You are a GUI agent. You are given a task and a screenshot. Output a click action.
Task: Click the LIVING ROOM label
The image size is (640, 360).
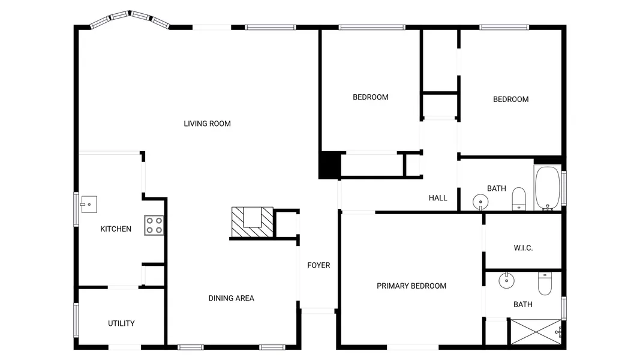point(207,124)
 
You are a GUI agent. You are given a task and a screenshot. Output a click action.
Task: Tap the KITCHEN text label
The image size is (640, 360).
point(116,229)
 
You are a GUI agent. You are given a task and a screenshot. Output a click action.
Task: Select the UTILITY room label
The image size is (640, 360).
point(121,323)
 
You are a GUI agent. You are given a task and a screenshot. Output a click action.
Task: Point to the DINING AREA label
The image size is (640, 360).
point(232,298)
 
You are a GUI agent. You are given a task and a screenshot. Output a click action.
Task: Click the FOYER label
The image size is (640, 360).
point(319,265)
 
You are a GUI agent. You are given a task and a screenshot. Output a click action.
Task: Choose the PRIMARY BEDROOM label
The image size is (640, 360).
point(411,286)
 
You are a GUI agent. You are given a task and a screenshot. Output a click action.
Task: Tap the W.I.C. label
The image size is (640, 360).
point(523,248)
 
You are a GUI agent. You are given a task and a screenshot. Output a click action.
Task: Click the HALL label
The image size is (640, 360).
point(438,198)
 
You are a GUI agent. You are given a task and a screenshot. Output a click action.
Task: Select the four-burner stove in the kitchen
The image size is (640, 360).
point(154,226)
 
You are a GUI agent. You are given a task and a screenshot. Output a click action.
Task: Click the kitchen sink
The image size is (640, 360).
point(89,205)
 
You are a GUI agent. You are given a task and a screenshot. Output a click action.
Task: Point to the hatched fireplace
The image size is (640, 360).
point(253,222)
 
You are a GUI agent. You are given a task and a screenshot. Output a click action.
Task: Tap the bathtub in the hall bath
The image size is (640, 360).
point(548,188)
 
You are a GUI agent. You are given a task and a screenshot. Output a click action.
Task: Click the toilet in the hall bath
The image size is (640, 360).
point(519,199)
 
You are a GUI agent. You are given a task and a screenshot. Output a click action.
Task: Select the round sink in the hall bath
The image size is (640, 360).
point(480,202)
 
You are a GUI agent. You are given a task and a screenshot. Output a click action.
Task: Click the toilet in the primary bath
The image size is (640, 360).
point(545,283)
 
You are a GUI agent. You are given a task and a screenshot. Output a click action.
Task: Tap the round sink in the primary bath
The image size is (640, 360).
point(506,280)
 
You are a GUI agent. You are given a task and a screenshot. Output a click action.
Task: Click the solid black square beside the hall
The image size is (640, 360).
point(330,165)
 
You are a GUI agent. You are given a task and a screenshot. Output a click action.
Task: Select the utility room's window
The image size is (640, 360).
point(76,320)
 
